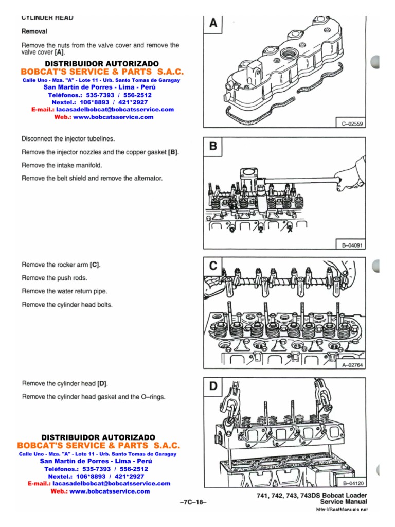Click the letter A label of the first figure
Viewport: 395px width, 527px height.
[213, 24]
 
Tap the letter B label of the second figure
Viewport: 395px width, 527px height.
[213, 147]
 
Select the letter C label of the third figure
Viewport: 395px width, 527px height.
[213, 266]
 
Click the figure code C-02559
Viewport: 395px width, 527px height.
[352, 124]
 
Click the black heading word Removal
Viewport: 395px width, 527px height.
[34, 31]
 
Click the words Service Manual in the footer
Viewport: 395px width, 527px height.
[344, 501]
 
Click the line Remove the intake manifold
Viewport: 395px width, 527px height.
[62, 165]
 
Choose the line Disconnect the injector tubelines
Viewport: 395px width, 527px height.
[68, 139]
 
